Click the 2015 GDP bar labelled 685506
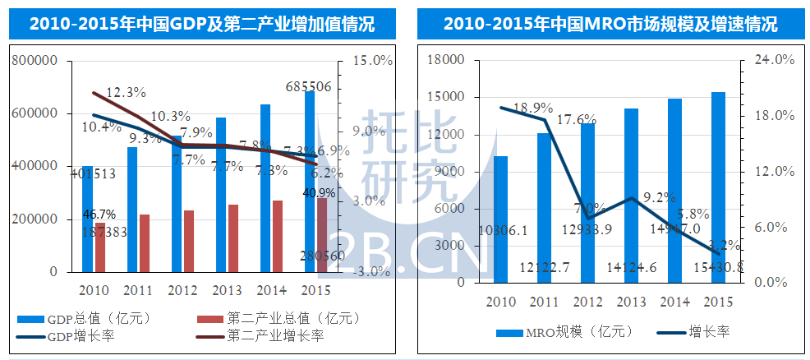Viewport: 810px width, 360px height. pyautogui.click(x=309, y=181)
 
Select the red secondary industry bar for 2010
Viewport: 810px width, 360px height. pyautogui.click(x=100, y=247)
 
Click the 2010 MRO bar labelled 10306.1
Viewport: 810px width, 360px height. pyautogui.click(x=500, y=219)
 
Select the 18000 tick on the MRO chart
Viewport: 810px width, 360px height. pyautogui.click(x=447, y=60)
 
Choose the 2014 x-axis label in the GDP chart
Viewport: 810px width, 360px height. pyautogui.click(x=271, y=290)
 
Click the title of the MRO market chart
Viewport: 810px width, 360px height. pyautogui.click(x=610, y=24)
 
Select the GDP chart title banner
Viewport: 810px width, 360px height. pyautogui.click(x=202, y=24)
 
